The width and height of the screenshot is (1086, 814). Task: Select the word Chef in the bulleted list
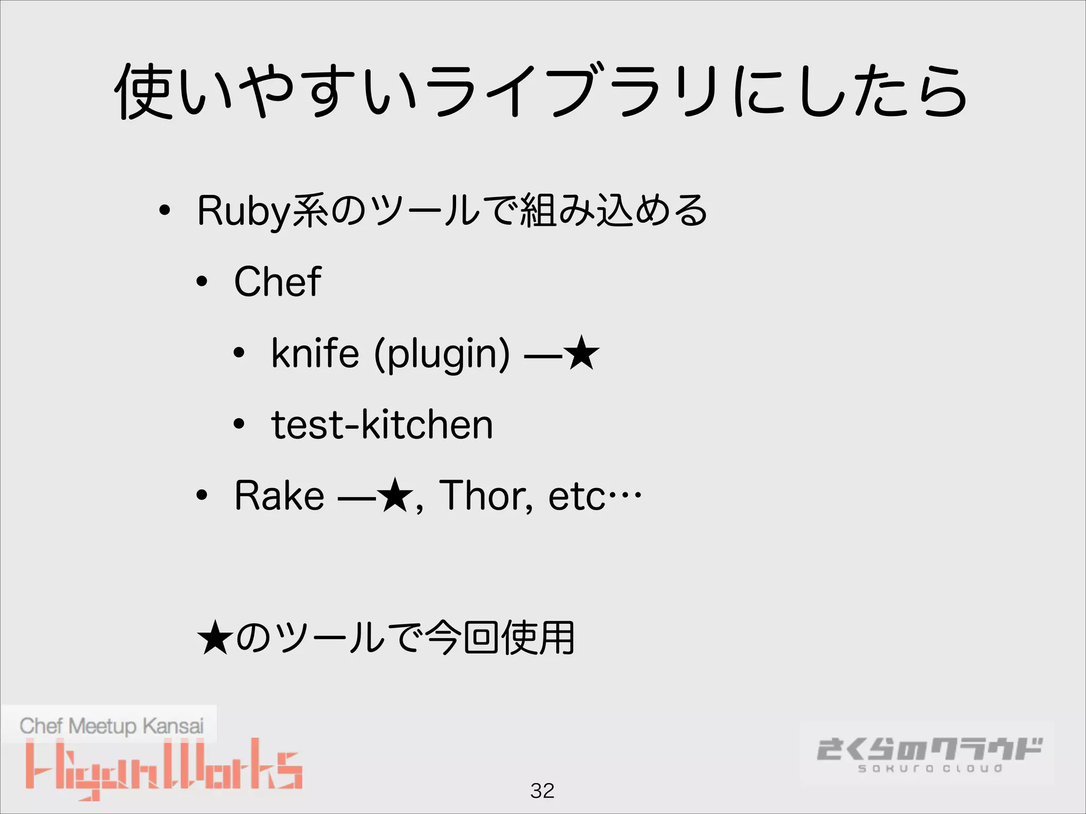(x=277, y=282)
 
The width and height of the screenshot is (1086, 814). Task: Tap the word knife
(x=315, y=353)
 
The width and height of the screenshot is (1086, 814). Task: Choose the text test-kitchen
(x=382, y=425)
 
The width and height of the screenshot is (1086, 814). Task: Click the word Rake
(x=279, y=496)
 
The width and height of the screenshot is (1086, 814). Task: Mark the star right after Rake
(x=396, y=496)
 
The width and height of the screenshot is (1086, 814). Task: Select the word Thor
(x=485, y=496)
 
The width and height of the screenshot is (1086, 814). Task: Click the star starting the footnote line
(x=215, y=638)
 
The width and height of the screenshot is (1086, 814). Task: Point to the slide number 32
(x=542, y=791)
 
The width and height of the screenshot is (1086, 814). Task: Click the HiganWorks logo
(x=164, y=768)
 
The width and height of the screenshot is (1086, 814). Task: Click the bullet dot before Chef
(x=202, y=282)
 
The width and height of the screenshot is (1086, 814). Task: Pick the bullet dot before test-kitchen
(x=239, y=424)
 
